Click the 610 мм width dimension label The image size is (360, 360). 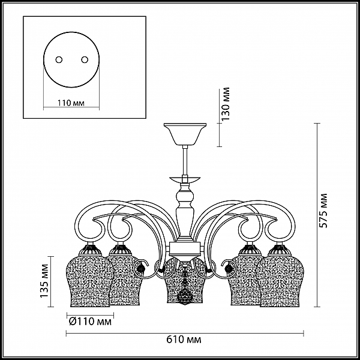184,340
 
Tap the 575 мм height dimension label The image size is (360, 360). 323,211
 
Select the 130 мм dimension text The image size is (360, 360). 226,104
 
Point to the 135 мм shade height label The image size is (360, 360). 44,281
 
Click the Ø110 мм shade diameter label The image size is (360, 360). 90,322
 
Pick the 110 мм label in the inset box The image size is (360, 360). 71,103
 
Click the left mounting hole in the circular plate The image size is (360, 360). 59,59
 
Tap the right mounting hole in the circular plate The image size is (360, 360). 85,59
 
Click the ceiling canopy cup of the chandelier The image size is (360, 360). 185,134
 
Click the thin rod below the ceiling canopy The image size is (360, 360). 185,160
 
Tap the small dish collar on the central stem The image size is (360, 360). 185,179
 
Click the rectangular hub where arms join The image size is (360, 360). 185,248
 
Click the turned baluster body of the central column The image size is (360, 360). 185,211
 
